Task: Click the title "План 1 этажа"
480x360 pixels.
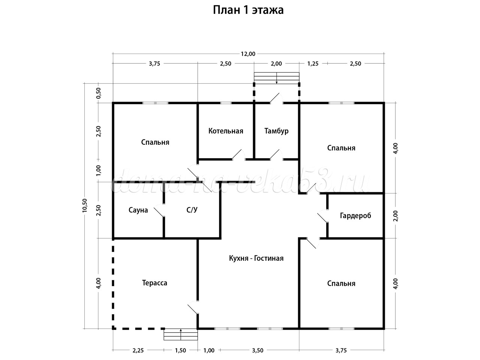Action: [x=248, y=10]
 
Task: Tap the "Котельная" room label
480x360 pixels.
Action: [x=226, y=131]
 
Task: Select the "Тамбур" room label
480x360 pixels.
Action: [x=276, y=131]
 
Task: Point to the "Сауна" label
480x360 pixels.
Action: [x=138, y=210]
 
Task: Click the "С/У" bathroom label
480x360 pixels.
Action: [x=192, y=210]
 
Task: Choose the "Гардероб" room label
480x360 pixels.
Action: [x=355, y=216]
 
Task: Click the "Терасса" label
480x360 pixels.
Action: [x=154, y=283]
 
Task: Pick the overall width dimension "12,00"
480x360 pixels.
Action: [x=248, y=54]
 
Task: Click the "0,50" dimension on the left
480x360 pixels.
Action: [x=99, y=93]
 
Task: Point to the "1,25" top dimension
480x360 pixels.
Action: [x=313, y=63]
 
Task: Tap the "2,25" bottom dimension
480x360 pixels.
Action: [x=138, y=350]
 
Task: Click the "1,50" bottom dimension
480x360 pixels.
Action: [x=181, y=350]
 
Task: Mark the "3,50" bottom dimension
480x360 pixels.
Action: [x=258, y=350]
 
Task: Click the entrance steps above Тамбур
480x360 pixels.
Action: [x=277, y=78]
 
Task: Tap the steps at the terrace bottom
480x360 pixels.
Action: [x=181, y=334]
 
